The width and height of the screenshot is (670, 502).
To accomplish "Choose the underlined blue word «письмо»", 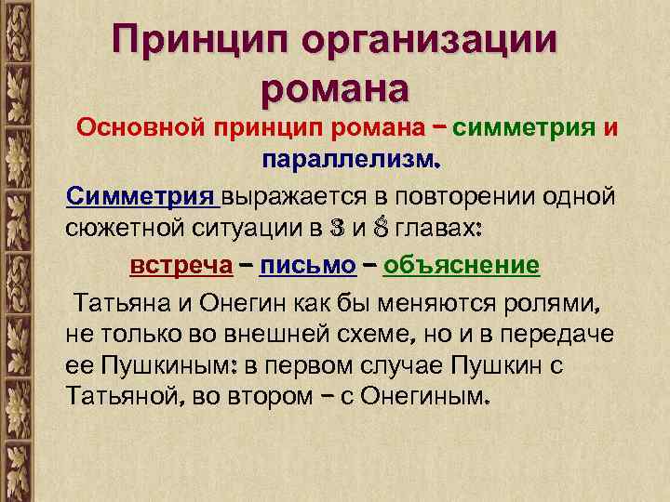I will [309, 266].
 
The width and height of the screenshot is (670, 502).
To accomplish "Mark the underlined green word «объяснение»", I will [462, 266].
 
